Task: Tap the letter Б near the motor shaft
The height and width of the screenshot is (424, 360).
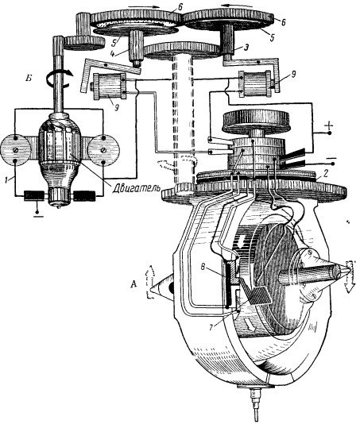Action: pos(29,79)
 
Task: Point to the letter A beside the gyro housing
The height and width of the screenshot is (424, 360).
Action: pos(134,284)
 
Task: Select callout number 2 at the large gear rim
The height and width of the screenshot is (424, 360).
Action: pos(326,173)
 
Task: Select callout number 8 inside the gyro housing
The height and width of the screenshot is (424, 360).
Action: pos(203,267)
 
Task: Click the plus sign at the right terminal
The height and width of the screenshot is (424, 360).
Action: pos(328,126)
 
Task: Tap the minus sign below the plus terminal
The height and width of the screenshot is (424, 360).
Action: pos(331,158)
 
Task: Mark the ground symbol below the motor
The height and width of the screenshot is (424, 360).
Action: pos(38,214)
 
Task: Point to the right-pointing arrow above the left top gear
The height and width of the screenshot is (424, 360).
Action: pos(143,6)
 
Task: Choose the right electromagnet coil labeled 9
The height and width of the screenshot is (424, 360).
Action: pos(255,84)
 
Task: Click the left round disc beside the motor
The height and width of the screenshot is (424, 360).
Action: pos(15,150)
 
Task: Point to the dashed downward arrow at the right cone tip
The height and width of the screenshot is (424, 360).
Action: pos(350,276)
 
